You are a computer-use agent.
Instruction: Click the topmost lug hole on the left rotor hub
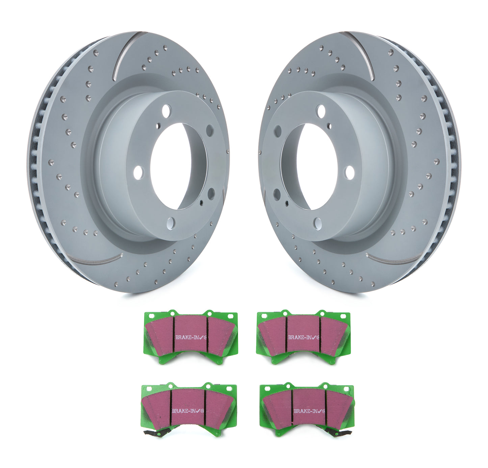pos(166,110)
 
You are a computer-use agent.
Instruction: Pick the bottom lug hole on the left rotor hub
pos(171,223)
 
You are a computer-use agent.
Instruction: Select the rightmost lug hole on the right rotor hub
pos(350,172)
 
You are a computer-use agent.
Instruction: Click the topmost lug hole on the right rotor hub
pos(321,111)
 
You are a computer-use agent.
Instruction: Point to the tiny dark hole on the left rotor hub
pos(201,203)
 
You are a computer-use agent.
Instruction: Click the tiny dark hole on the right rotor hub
pos(287,203)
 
